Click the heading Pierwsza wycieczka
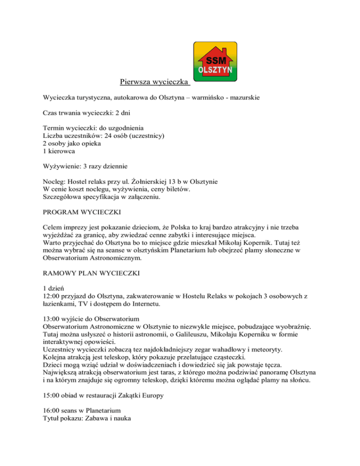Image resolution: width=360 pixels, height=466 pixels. tap(155, 83)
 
